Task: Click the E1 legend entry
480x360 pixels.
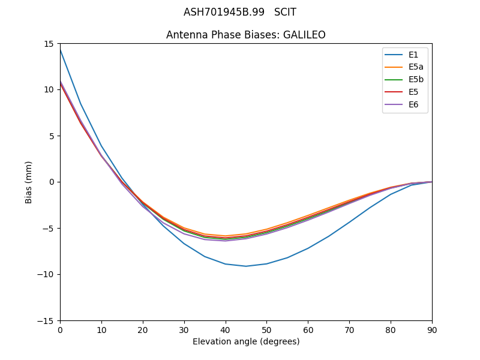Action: (x=413, y=55)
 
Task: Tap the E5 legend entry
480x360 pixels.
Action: (x=413, y=92)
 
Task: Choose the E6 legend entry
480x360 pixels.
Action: (x=413, y=105)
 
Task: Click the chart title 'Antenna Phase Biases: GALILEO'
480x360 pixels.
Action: (x=246, y=35)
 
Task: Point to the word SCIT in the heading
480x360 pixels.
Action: (x=285, y=12)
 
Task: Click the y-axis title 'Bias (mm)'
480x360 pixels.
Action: (x=29, y=182)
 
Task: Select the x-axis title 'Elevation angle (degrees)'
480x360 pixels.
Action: (x=246, y=342)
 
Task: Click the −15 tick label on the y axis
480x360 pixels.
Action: (x=47, y=320)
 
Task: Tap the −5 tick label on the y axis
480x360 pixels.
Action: (x=50, y=228)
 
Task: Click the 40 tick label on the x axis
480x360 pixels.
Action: (x=225, y=330)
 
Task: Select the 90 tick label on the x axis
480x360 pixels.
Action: (x=432, y=330)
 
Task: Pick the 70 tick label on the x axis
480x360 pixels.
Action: (x=349, y=330)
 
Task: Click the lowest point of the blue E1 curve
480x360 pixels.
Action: (x=246, y=266)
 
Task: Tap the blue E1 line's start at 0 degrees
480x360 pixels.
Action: (x=61, y=50)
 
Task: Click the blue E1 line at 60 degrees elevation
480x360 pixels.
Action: (x=308, y=248)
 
